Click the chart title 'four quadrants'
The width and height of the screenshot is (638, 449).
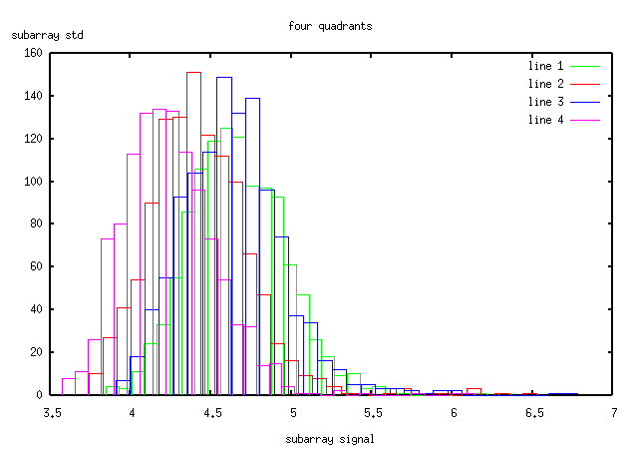pos(330,26)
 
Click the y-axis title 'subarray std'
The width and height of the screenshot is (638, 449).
pos(48,36)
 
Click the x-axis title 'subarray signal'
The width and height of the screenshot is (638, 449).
pos(330,438)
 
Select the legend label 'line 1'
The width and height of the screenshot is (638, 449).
pos(546,66)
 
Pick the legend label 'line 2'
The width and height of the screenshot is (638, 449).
pos(546,84)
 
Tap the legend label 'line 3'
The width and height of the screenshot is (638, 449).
pos(546,102)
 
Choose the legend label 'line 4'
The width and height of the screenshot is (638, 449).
pos(546,120)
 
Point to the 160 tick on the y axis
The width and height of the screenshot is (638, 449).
pos(32,53)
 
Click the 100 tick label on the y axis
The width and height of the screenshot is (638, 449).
pos(32,182)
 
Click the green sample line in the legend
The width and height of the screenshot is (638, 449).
pos(585,66)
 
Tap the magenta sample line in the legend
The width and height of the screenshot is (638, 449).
pos(585,120)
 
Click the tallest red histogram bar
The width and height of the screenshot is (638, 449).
pos(193,229)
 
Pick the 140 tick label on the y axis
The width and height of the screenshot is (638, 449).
pos(32,96)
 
